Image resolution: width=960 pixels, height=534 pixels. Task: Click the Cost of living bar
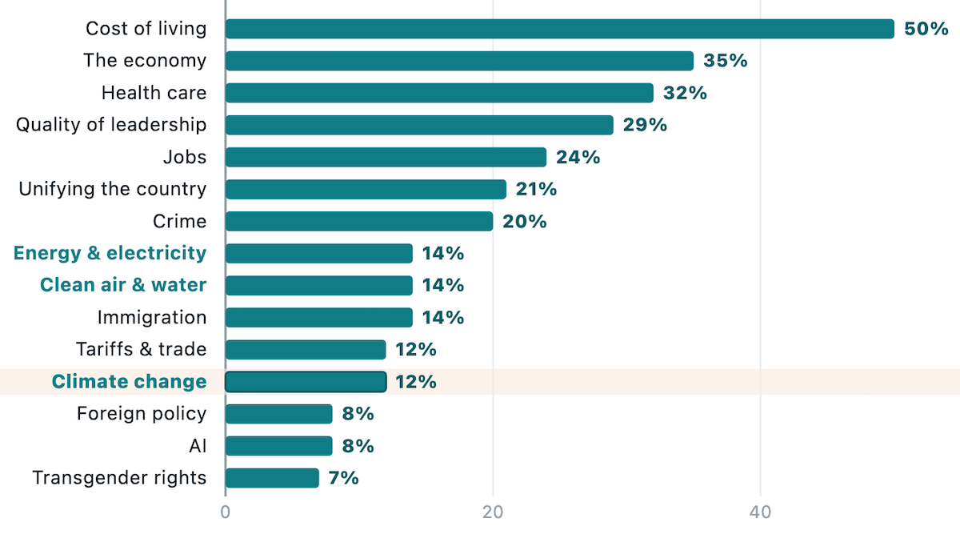coord(560,29)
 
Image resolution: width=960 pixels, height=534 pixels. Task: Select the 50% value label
coord(926,29)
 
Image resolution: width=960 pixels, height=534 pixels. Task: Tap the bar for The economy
coord(459,61)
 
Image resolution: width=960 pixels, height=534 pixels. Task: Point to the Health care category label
coord(154,93)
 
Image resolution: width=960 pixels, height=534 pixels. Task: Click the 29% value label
coord(645,125)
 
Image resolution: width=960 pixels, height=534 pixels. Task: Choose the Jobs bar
coord(386,157)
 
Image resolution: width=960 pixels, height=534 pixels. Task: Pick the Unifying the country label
coord(112,189)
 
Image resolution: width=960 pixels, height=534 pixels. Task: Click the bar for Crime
coord(359,221)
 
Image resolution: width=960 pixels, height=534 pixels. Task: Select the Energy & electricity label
coord(110,253)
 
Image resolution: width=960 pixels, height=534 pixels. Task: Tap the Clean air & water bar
coord(319,285)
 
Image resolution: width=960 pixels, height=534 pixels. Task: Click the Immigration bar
coord(319,317)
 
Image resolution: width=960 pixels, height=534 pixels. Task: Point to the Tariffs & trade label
coord(142,349)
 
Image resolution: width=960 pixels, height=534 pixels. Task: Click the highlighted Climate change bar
coord(306,382)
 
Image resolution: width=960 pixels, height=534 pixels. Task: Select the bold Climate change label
coord(129,381)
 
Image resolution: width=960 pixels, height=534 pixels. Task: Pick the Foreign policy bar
coord(279,414)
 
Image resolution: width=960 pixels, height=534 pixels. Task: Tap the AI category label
coord(198,446)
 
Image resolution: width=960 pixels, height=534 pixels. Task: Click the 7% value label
coord(344,478)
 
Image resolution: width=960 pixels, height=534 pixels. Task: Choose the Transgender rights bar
coord(272,478)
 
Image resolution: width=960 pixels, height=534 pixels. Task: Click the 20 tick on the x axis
coord(493,512)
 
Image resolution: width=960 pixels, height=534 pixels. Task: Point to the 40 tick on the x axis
coord(760,512)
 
